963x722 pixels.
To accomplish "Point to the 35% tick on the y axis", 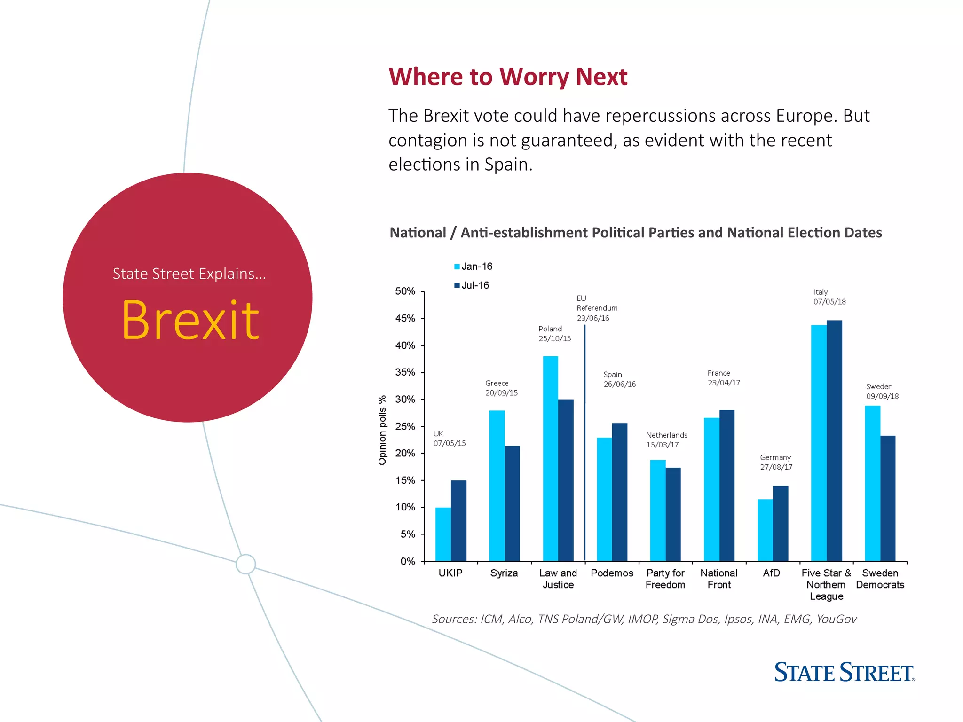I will click(x=423, y=372).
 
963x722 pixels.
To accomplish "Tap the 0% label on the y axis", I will click(x=408, y=561).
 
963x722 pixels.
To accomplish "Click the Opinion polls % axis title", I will click(x=382, y=430).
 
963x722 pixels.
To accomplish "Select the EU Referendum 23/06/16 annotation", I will click(x=596, y=308).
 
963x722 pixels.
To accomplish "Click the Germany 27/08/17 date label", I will click(x=776, y=462).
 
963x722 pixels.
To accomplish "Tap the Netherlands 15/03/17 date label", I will click(x=666, y=439).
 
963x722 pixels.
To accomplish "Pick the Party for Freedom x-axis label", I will click(x=665, y=579).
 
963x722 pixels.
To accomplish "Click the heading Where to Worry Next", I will click(x=508, y=77).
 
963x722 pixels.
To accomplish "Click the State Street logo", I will click(x=844, y=672).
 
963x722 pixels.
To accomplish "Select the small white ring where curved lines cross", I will click(x=245, y=564).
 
